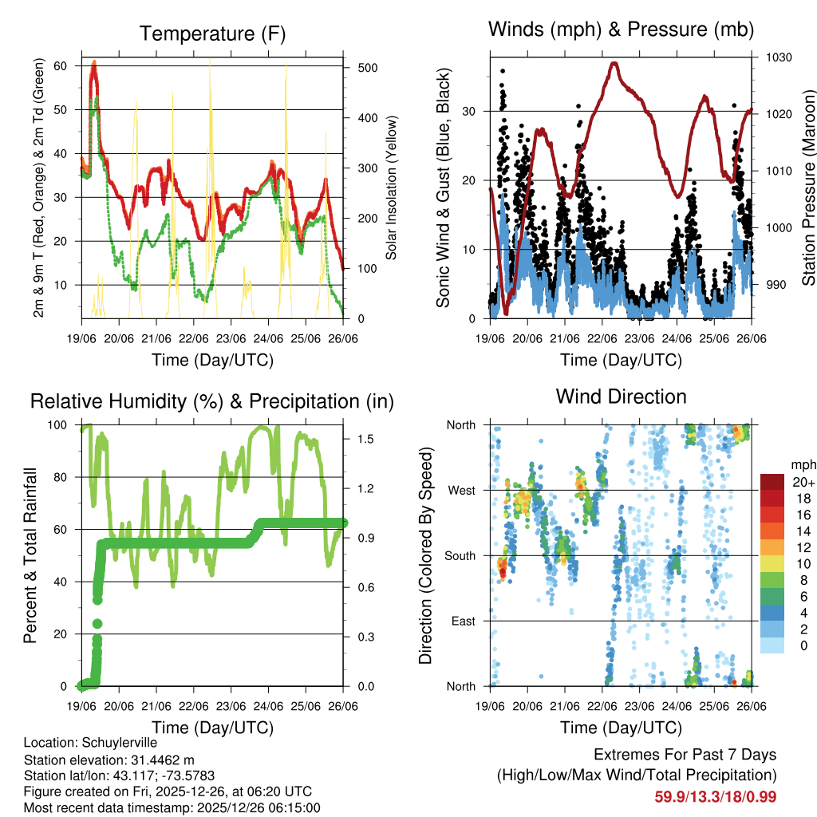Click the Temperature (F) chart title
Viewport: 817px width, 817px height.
pyautogui.click(x=211, y=34)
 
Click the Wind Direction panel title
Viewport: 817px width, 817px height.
pyautogui.click(x=621, y=397)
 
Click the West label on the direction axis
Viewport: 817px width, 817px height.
pyautogui.click(x=460, y=490)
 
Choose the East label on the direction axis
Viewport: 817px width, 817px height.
pyautogui.click(x=462, y=621)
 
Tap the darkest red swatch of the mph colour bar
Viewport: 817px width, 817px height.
pyautogui.click(x=772, y=482)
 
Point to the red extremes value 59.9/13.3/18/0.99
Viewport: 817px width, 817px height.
pyautogui.click(x=715, y=796)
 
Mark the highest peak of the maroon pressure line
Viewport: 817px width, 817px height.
pyautogui.click(x=614, y=63)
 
